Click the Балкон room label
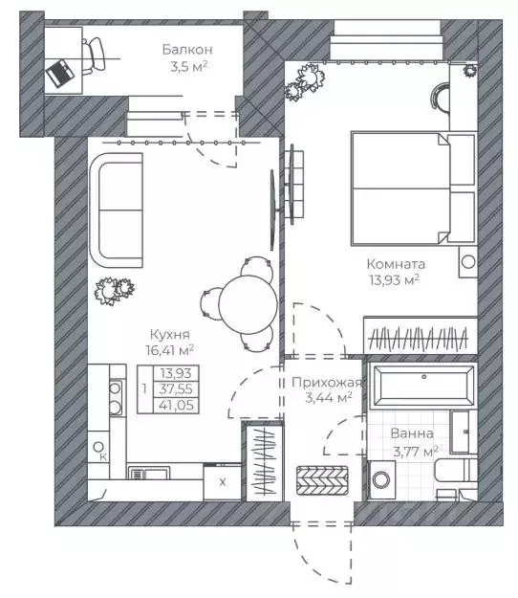187,50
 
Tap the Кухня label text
170,335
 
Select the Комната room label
396,263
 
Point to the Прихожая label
327,382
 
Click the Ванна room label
412,433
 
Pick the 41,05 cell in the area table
176,405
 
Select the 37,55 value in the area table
176,389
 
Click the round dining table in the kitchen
248,305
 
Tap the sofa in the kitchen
117,210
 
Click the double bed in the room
414,188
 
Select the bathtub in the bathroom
423,386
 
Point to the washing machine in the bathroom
381,479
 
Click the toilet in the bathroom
456,470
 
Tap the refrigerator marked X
223,482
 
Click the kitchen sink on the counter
149,474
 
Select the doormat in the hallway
322,480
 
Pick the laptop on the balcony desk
59,74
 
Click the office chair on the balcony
94,55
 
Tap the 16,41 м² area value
170,350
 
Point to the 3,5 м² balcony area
189,67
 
